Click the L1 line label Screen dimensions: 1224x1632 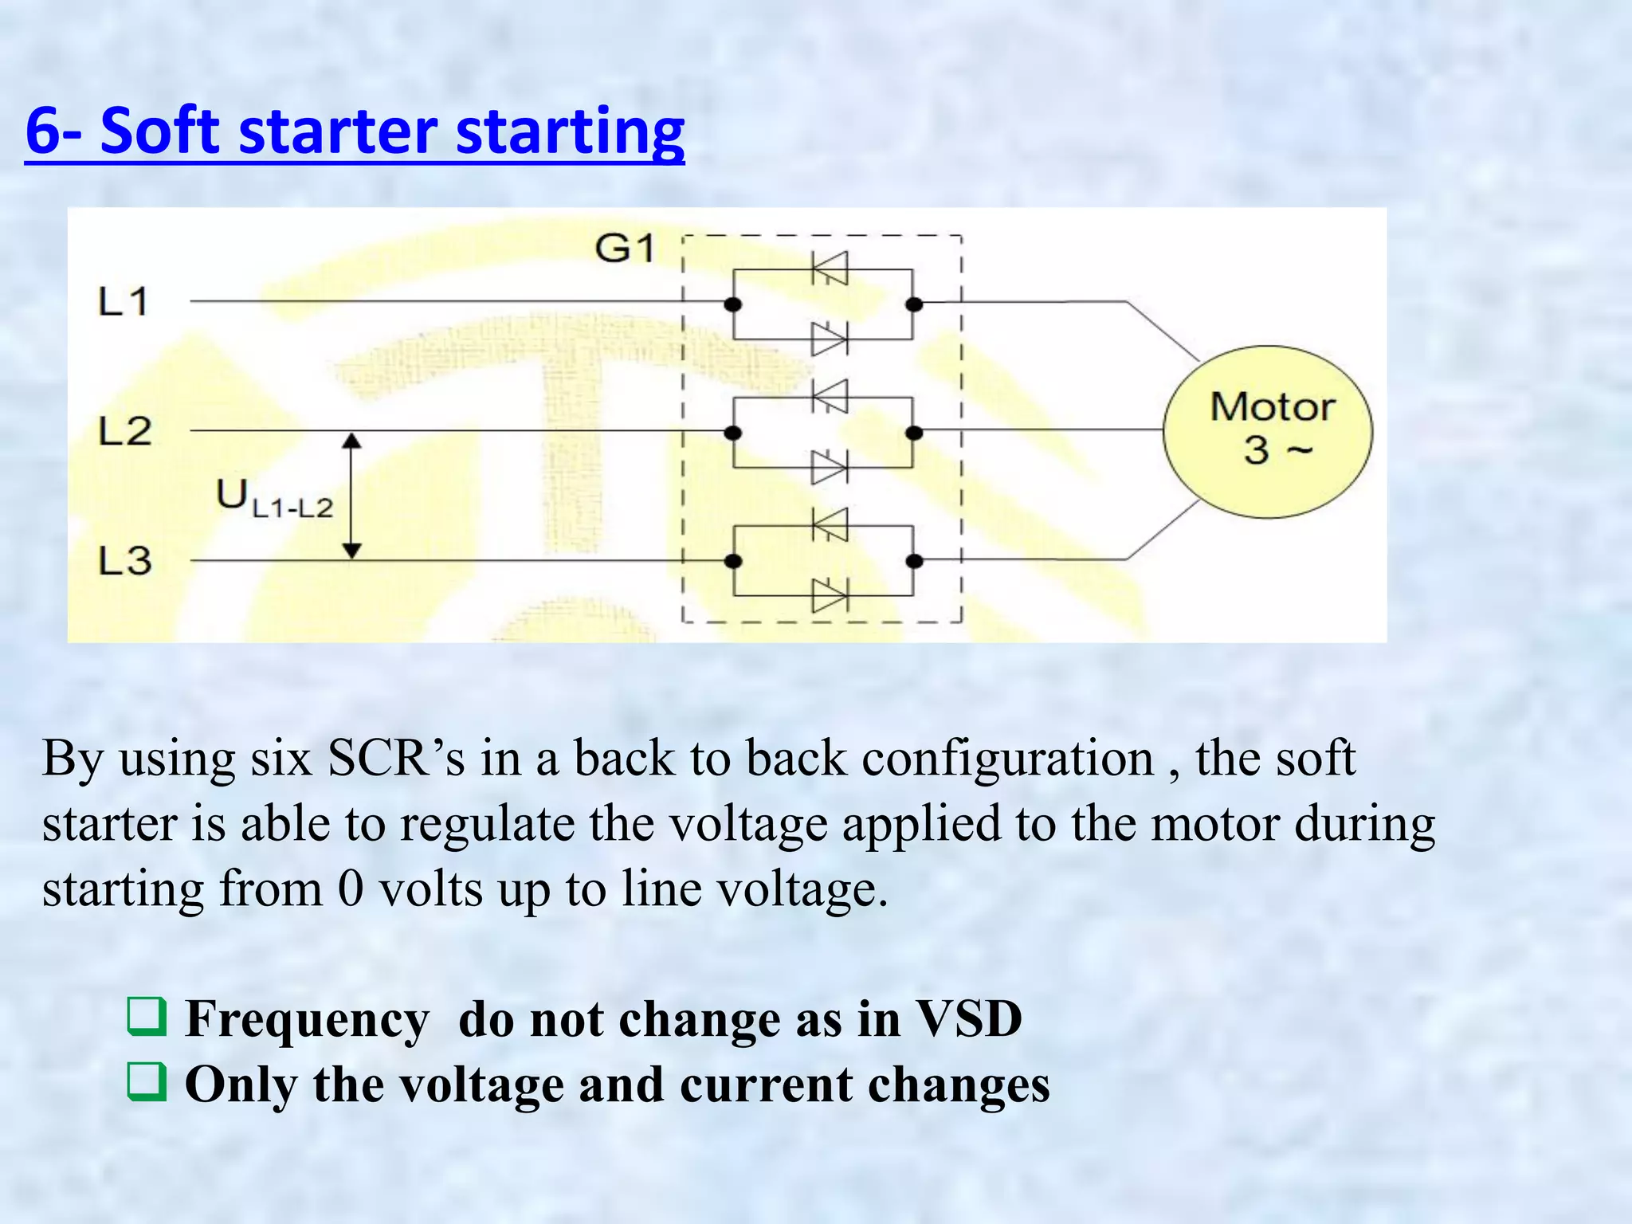click(123, 302)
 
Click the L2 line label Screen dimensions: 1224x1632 click(124, 432)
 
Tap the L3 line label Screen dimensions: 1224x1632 click(124, 561)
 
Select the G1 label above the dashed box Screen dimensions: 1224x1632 click(625, 249)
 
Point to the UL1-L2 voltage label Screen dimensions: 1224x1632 click(273, 499)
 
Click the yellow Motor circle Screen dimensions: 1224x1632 click(1268, 431)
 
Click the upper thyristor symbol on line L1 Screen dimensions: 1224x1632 click(830, 269)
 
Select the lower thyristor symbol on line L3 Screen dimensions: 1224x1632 click(829, 595)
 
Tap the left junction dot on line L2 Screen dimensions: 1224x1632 click(733, 433)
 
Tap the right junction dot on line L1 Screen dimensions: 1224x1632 click(914, 304)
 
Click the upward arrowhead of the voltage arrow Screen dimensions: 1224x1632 click(352, 441)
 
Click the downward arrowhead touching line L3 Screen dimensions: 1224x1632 click(352, 551)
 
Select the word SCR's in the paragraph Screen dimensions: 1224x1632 click(396, 758)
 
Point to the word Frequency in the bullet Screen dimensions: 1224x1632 click(307, 1019)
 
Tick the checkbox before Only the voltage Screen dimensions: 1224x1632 click(147, 1082)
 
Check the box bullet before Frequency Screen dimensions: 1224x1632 click(147, 1016)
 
